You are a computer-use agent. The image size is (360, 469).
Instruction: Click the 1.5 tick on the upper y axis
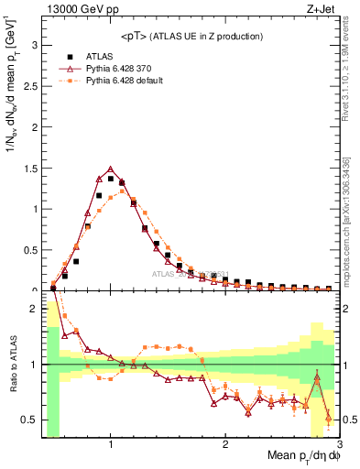click(x=29, y=167)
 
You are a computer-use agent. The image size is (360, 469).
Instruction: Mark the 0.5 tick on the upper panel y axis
click(x=29, y=249)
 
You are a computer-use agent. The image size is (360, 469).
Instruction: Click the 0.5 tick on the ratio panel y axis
click(x=29, y=420)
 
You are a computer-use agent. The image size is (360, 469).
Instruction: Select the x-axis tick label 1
click(x=111, y=444)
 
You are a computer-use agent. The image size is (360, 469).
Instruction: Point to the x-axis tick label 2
click(x=225, y=444)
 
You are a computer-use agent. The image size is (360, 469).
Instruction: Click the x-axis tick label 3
click(x=339, y=444)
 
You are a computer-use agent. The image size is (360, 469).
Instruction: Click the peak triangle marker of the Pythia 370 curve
click(x=111, y=169)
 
